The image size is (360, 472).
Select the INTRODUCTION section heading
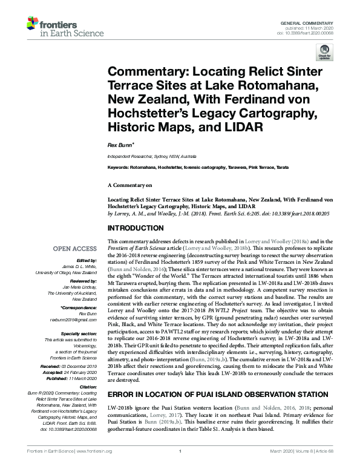pos(136,228)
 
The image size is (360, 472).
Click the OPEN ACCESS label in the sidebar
pos(75,249)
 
